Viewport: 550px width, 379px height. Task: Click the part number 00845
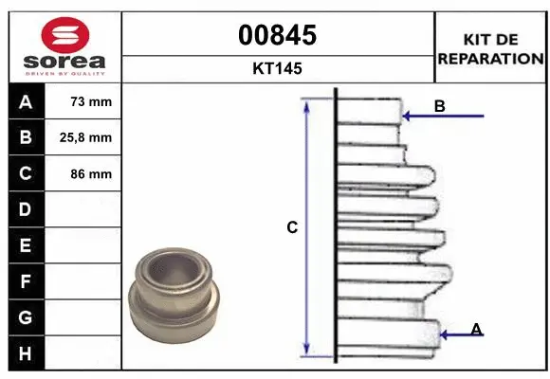pos(278,36)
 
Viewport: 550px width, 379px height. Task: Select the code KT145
pos(278,69)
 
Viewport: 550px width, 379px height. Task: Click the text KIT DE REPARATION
pos(489,49)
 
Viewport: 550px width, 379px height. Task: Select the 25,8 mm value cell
pos(91,138)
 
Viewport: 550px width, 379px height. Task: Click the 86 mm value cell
pos(91,174)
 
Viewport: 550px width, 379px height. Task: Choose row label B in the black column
pos(25,138)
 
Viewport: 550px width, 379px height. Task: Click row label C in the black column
pos(25,174)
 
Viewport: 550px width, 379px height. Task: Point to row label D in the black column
pos(25,209)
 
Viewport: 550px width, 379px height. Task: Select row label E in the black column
pos(25,245)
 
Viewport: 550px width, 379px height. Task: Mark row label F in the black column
pos(25,281)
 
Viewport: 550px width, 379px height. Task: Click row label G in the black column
pos(25,317)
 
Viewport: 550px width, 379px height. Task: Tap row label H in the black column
pos(25,353)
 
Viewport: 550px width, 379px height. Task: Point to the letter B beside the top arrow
pos(439,107)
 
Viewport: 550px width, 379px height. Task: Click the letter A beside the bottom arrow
pos(477,329)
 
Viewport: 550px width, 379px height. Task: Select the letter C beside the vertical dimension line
pos(293,227)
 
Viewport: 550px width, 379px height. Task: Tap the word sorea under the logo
pos(64,62)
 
